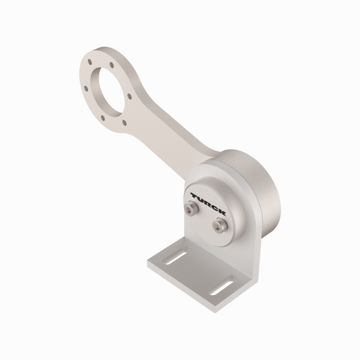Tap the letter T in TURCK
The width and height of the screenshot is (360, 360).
194,195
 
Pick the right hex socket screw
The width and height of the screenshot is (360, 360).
220,225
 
